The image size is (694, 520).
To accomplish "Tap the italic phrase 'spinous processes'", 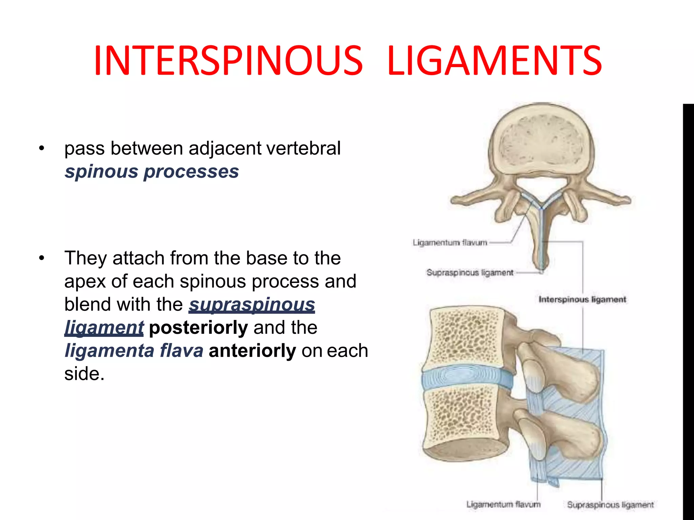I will pyautogui.click(x=151, y=171).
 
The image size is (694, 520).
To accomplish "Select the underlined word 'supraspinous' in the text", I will pyautogui.click(x=252, y=304).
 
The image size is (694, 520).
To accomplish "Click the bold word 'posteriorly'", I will pyautogui.click(x=198, y=327).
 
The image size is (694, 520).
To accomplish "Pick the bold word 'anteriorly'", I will pyautogui.click(x=252, y=350).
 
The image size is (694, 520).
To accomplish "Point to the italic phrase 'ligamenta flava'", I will pyautogui.click(x=134, y=350).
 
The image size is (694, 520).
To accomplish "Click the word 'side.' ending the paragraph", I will pyautogui.click(x=84, y=374).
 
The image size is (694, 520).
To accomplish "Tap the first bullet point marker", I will pyautogui.click(x=42, y=148).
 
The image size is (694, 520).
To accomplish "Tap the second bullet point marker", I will pyautogui.click(x=42, y=258).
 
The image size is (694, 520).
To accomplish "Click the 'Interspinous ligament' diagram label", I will pyautogui.click(x=582, y=299).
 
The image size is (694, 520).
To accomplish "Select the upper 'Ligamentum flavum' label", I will pyautogui.click(x=450, y=242).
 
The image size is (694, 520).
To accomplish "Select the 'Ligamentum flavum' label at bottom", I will pyautogui.click(x=503, y=504).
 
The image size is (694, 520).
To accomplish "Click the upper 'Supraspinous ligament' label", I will pyautogui.click(x=470, y=273).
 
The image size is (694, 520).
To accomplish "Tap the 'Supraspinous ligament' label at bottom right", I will pyautogui.click(x=610, y=504).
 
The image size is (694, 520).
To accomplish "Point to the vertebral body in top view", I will pyautogui.click(x=541, y=142).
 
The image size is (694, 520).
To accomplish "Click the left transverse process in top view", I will pyautogui.click(x=474, y=200).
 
